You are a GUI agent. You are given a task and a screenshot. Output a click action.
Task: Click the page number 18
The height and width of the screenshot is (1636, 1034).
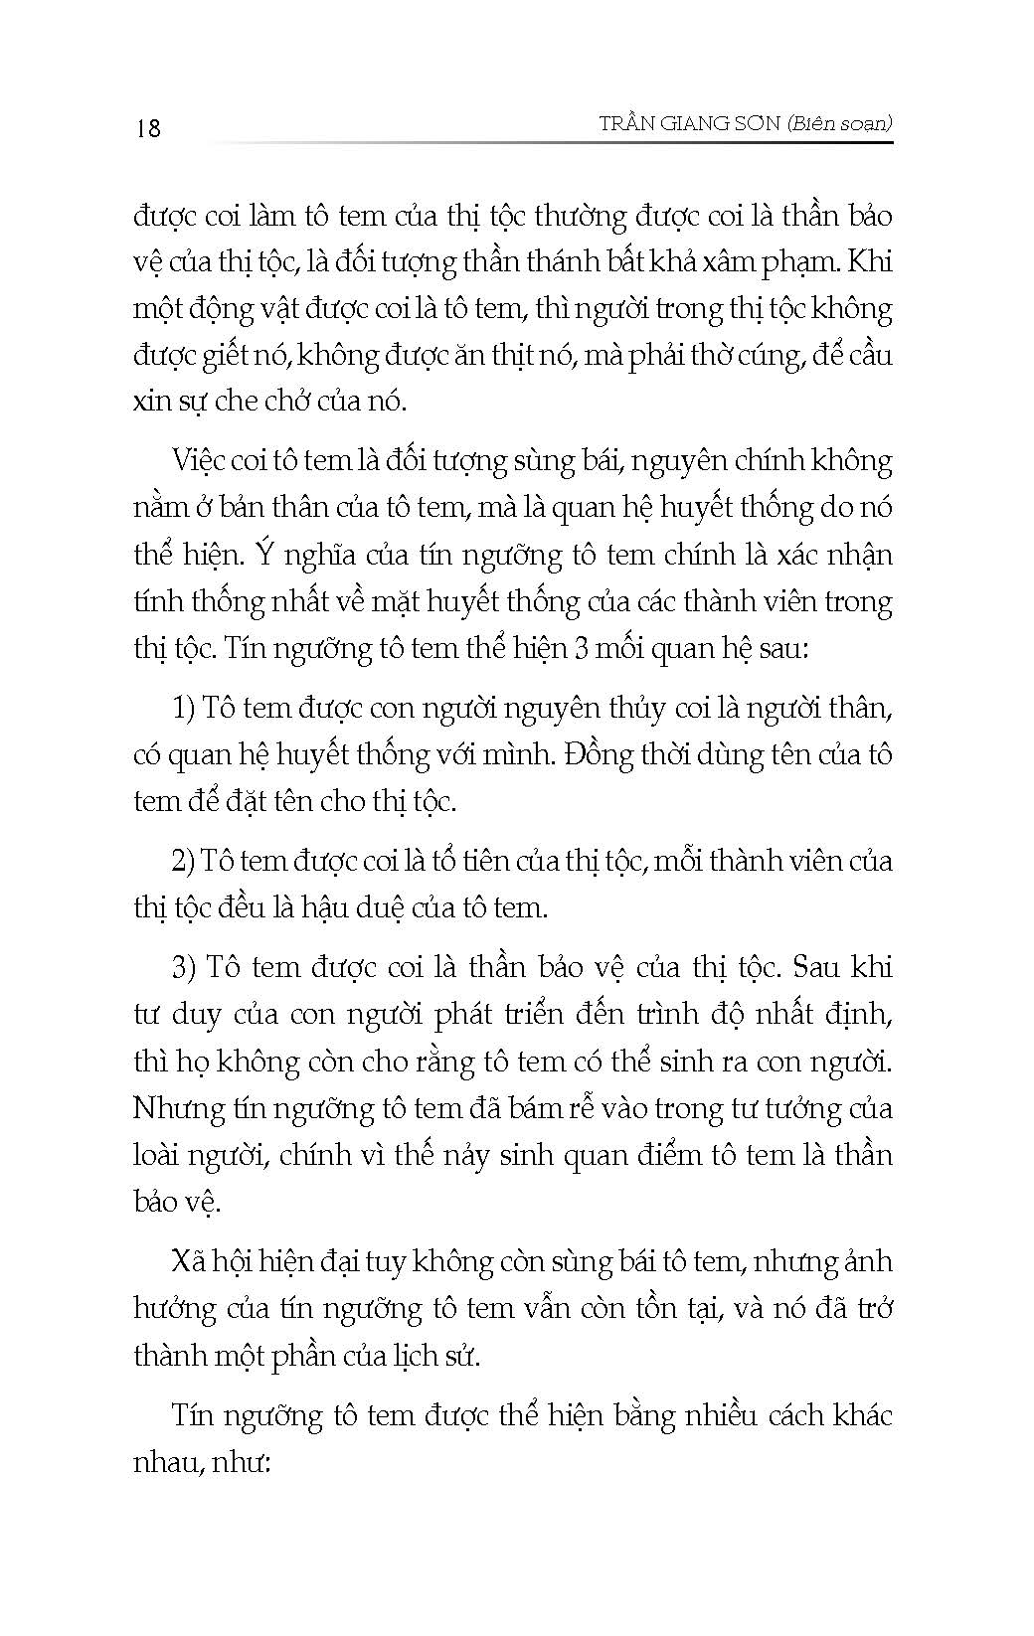[x=148, y=128]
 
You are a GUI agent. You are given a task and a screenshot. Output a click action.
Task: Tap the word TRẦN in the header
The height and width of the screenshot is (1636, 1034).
[x=631, y=123]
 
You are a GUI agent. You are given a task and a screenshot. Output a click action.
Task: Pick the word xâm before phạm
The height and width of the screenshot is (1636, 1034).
[x=767, y=262]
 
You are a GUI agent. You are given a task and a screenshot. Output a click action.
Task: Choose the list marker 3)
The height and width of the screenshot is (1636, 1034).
[x=185, y=967]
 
